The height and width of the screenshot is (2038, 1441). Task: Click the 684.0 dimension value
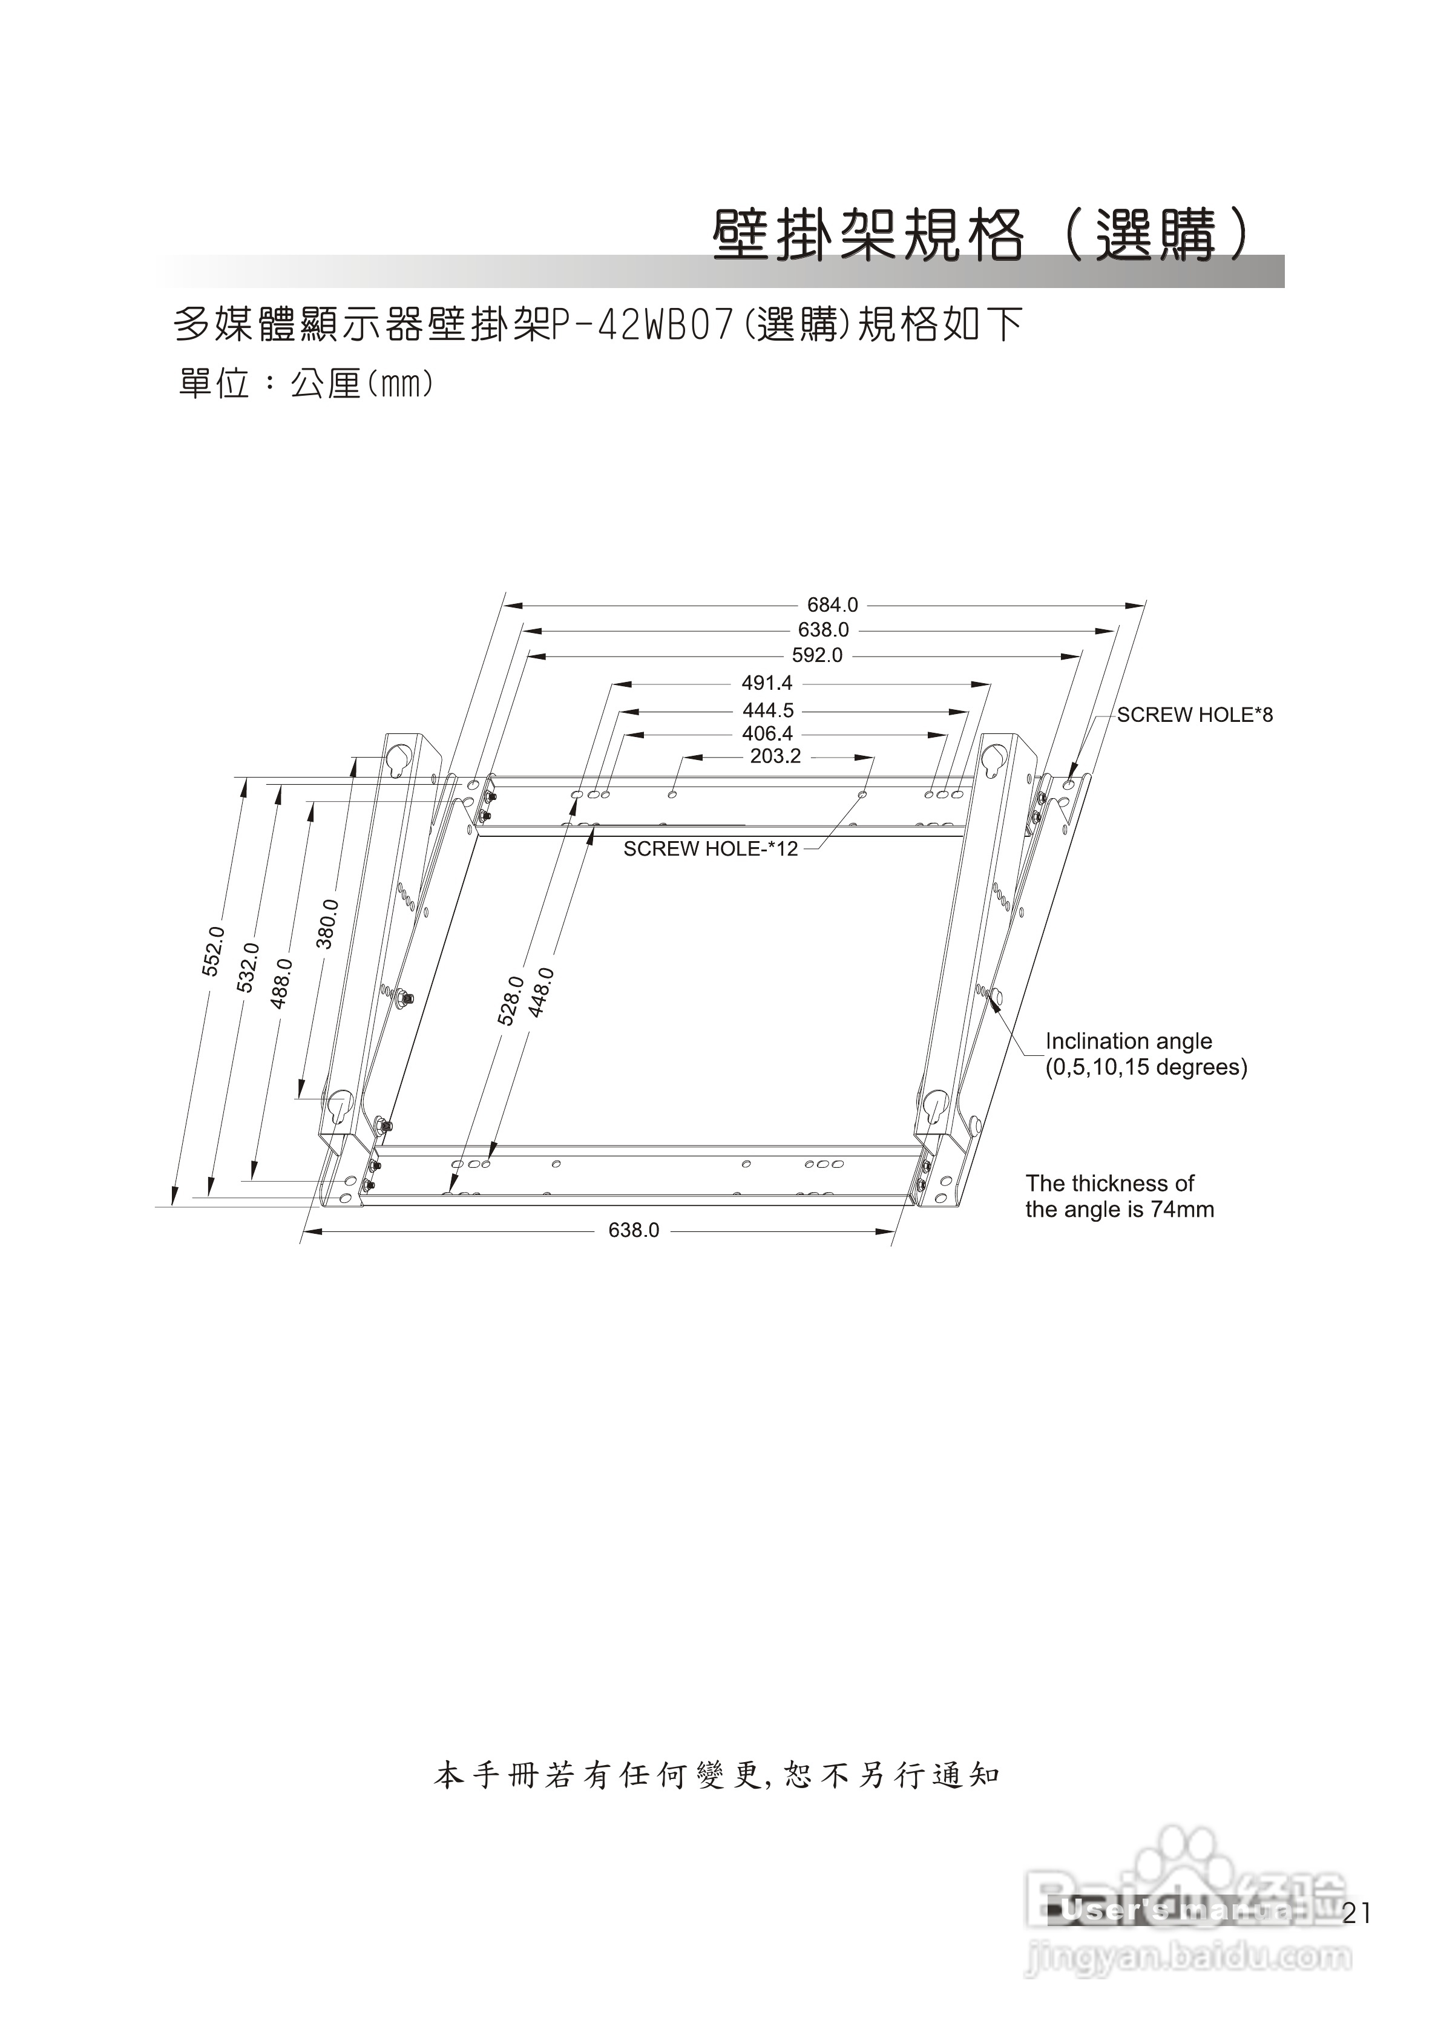click(x=832, y=605)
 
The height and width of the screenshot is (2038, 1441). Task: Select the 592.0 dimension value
click(x=817, y=656)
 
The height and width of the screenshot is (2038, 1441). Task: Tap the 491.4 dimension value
click(x=767, y=684)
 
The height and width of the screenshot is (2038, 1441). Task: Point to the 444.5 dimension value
click(x=768, y=711)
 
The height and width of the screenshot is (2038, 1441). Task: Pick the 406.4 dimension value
click(x=767, y=734)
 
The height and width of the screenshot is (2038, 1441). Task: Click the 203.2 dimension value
click(x=775, y=757)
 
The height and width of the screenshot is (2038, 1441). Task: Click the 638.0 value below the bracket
click(x=633, y=1230)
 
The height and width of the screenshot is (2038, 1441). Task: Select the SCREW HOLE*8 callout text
click(x=1194, y=715)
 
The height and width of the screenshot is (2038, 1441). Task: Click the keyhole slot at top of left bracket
click(x=397, y=757)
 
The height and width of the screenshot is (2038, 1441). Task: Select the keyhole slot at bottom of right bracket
click(x=933, y=1104)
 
